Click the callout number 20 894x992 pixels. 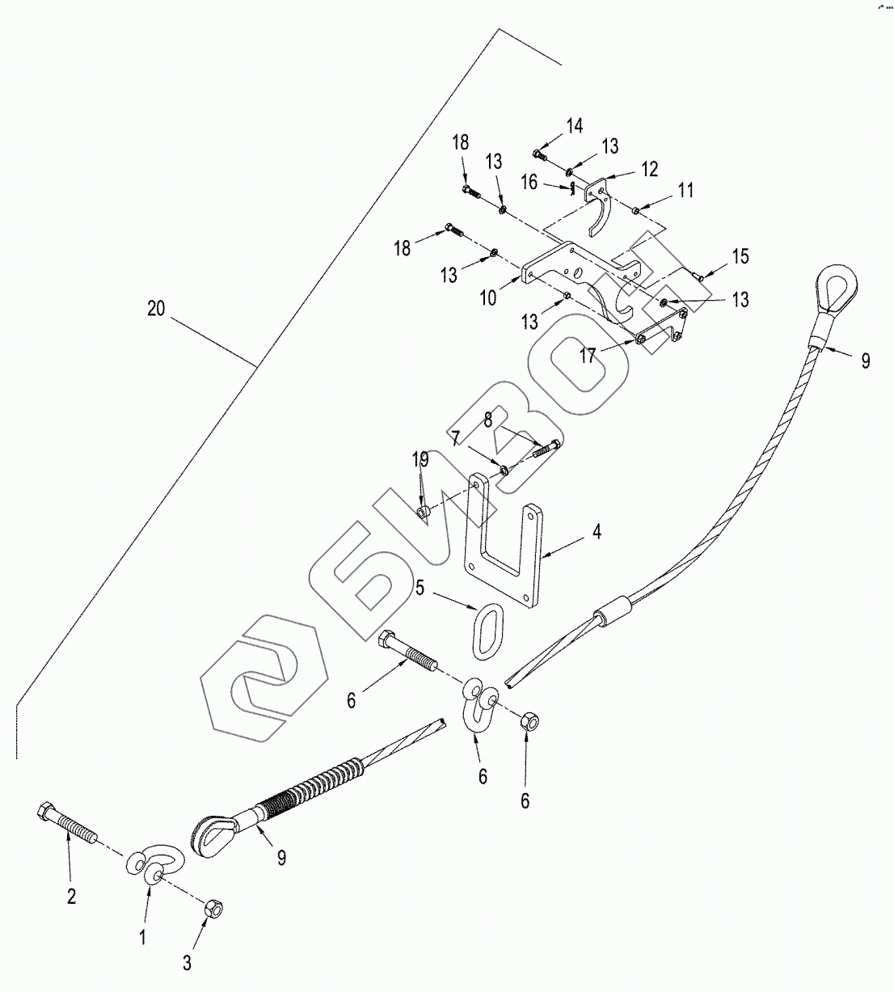click(157, 309)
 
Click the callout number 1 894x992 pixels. click(142, 937)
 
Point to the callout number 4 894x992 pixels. click(597, 532)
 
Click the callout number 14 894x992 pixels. click(574, 125)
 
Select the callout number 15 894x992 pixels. click(740, 256)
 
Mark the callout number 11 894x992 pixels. click(685, 191)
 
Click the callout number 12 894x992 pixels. click(649, 169)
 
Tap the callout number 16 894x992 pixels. click(530, 182)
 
